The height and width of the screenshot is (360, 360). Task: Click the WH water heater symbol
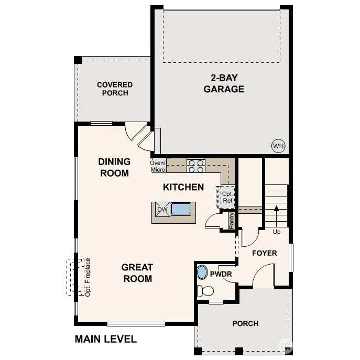pos(278,146)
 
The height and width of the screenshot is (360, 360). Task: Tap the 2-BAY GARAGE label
pos(224,83)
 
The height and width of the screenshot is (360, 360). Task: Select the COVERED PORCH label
pos(115,89)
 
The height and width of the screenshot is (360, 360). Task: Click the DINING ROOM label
pos(114,167)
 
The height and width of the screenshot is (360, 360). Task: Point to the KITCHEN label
pos(183,187)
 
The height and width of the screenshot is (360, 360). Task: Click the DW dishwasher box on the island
pos(162,210)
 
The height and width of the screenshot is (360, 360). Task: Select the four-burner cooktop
pos(196,166)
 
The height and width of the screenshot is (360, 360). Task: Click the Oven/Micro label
pos(158,166)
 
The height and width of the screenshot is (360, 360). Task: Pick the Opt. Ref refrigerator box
pos(227,197)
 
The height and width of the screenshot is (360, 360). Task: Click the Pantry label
pos(231,221)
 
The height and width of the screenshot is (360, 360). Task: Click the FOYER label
pos(264,253)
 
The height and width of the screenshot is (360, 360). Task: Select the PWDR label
pos(221,274)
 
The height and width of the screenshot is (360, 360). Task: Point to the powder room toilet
pos(205,291)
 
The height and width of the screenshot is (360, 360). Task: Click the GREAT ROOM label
pos(137,272)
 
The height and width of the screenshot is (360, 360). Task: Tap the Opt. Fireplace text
pos(88,277)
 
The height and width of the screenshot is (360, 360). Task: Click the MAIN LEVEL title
pos(105,339)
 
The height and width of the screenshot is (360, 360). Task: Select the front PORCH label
pos(245,323)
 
